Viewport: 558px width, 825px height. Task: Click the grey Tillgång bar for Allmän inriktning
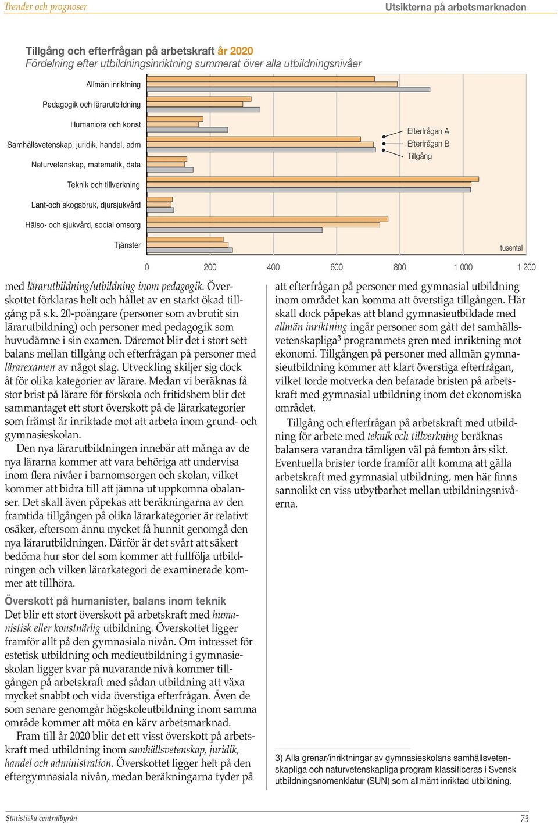click(x=288, y=90)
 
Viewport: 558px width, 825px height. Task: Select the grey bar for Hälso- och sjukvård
click(x=235, y=230)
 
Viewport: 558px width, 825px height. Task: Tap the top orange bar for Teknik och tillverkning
click(x=313, y=179)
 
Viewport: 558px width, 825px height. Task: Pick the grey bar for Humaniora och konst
click(x=188, y=130)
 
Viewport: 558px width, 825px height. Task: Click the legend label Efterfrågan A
click(x=428, y=131)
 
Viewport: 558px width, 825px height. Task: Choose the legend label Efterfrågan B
click(x=428, y=144)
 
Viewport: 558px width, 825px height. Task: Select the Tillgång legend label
click(x=419, y=156)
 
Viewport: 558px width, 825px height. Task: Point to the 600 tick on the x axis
click(x=337, y=267)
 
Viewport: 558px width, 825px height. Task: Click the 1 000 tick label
click(x=463, y=267)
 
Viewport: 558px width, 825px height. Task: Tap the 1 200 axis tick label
click(x=527, y=267)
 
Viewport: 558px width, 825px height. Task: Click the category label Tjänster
click(x=127, y=245)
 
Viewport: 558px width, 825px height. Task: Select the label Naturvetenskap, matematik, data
click(x=86, y=165)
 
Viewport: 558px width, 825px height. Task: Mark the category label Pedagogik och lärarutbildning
click(x=92, y=105)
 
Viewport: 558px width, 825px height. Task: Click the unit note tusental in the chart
click(x=512, y=248)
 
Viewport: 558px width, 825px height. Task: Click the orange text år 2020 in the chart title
click(x=235, y=51)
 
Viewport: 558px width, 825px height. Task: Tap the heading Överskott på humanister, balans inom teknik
click(x=115, y=601)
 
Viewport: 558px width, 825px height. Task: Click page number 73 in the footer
click(x=524, y=819)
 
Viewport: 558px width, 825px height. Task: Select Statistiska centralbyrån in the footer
click(x=41, y=818)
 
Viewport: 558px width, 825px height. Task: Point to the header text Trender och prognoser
click(x=46, y=6)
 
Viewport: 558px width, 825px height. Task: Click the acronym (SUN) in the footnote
click(x=378, y=781)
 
